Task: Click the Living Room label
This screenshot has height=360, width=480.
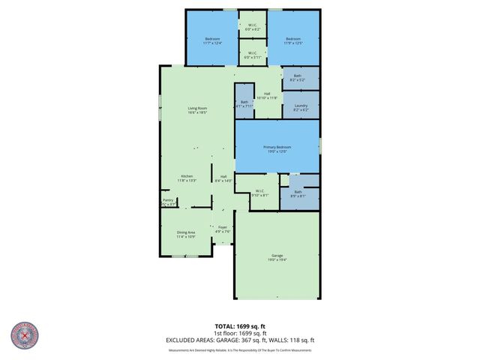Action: pos(197,110)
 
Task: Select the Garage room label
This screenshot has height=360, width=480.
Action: pos(277,258)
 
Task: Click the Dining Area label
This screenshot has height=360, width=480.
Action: pos(186,234)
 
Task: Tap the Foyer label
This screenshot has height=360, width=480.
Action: pos(223,229)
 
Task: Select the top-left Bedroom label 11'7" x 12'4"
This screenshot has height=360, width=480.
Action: pos(211,40)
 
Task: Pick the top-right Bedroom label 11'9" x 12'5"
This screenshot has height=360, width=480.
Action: pos(292,40)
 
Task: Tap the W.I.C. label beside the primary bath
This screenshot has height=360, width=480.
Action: pos(259,193)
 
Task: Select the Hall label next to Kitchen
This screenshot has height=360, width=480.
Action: pos(223,178)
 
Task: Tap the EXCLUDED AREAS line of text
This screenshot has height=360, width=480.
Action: pos(240,340)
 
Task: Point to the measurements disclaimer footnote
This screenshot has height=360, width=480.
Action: pos(240,350)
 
